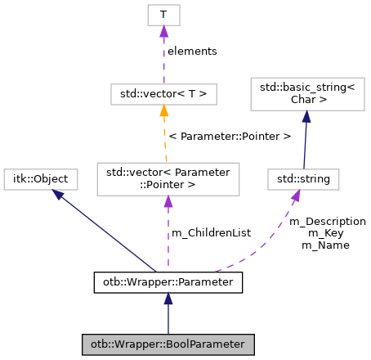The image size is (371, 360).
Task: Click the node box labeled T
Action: coord(163,15)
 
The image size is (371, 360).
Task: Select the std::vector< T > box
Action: coord(163,94)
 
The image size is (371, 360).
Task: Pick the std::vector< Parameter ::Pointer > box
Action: coord(168,178)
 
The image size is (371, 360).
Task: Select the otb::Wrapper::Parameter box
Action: coord(168,283)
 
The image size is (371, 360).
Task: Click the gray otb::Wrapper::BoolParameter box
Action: coord(168,342)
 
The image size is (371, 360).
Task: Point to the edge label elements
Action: coord(192,51)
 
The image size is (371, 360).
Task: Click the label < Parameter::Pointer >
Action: coord(229,136)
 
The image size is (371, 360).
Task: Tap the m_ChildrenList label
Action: coord(210,233)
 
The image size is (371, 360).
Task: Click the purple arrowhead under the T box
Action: coord(163,31)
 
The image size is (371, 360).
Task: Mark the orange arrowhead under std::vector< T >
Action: coord(164,111)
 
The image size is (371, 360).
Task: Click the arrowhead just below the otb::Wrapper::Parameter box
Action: coord(168,300)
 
